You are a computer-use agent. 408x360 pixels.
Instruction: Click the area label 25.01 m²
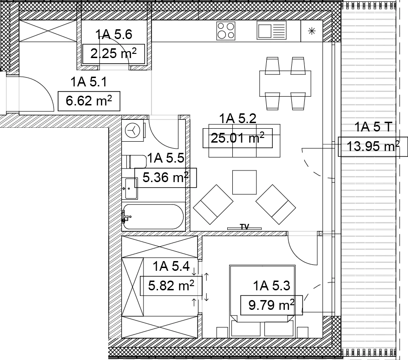tap(237, 138)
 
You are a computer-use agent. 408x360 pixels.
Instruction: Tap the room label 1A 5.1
tap(89, 82)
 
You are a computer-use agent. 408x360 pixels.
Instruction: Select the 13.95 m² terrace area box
tap(373, 146)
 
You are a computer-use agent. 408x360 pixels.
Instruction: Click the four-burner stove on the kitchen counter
tap(226, 31)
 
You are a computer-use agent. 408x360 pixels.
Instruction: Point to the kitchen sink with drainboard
tap(271, 31)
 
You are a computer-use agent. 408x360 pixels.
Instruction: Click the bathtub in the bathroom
tap(153, 216)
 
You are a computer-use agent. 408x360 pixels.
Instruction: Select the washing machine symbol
tap(133, 131)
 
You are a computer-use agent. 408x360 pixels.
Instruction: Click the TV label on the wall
tap(244, 227)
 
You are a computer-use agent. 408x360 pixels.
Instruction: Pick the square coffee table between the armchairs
tap(244, 183)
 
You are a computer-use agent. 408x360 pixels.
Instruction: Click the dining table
tap(285, 84)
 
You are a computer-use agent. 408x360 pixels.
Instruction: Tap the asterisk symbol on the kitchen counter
tap(312, 31)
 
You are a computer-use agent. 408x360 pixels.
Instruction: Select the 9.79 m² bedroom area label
tap(271, 305)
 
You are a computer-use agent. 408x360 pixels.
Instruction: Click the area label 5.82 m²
tap(171, 286)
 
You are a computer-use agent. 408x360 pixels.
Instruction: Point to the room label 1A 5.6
tap(114, 34)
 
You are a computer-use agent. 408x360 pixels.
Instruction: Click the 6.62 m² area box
tap(89, 101)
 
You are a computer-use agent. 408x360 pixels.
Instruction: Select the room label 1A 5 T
tap(373, 127)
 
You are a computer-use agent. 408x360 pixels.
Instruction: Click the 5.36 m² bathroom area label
tap(165, 177)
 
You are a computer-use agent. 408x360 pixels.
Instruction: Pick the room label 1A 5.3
tap(272, 286)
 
